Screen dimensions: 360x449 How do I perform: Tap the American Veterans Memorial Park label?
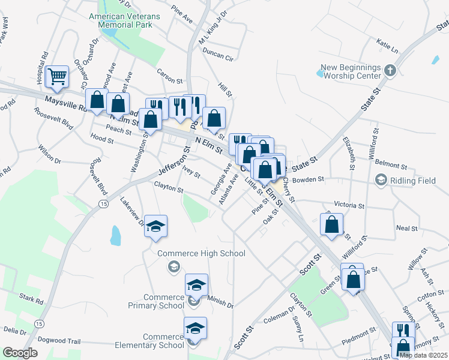point(124,21)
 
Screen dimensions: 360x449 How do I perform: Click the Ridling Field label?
point(403,180)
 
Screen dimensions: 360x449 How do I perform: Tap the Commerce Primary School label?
point(164,302)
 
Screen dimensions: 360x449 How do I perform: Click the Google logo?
point(20,353)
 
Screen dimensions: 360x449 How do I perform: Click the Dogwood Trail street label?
point(59,340)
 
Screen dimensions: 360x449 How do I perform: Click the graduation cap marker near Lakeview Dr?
point(156,227)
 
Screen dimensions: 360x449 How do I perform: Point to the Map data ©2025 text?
point(423,355)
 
